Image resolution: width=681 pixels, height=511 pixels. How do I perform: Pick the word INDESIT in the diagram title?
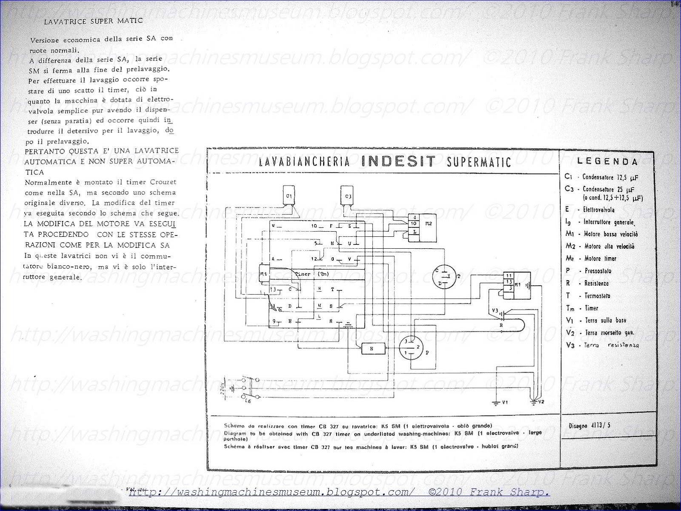(x=398, y=161)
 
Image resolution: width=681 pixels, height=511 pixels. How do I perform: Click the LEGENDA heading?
(x=607, y=161)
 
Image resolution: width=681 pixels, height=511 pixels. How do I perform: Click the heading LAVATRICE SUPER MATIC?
(x=93, y=20)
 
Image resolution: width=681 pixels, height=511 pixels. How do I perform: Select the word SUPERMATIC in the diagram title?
(x=479, y=162)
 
